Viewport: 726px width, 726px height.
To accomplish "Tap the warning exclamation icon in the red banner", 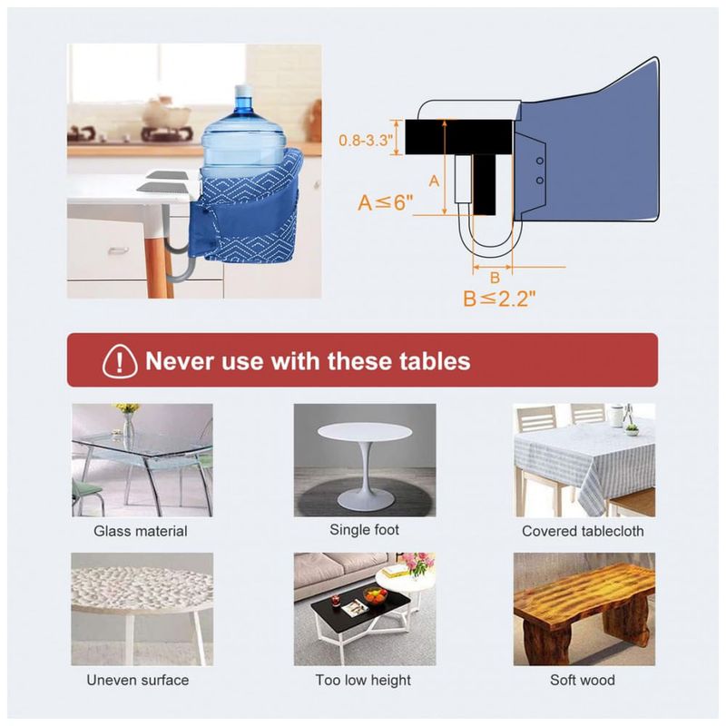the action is click(120, 361).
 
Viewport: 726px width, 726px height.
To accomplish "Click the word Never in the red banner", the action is click(180, 360).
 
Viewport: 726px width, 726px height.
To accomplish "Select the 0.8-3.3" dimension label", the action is click(366, 140).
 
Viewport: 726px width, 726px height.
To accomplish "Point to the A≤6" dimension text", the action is click(385, 202).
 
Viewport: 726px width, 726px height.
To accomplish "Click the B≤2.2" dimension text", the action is click(499, 299).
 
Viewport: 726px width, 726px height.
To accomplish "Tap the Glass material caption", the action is click(141, 531).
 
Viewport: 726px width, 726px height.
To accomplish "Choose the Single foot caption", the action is click(365, 530).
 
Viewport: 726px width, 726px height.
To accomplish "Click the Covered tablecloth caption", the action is click(583, 531).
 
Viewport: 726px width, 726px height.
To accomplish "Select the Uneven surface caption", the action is click(138, 680).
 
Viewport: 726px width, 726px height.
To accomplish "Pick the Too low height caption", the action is click(363, 680).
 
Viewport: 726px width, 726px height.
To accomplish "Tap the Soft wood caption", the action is click(583, 680).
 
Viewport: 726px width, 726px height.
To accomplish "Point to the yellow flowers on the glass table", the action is click(127, 407).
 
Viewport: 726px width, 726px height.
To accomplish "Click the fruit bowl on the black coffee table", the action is click(375, 595).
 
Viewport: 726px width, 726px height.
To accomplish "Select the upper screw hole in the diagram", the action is click(540, 162).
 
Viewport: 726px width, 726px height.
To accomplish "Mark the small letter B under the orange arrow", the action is click(495, 278).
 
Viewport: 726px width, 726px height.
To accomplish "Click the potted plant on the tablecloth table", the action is click(632, 429).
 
